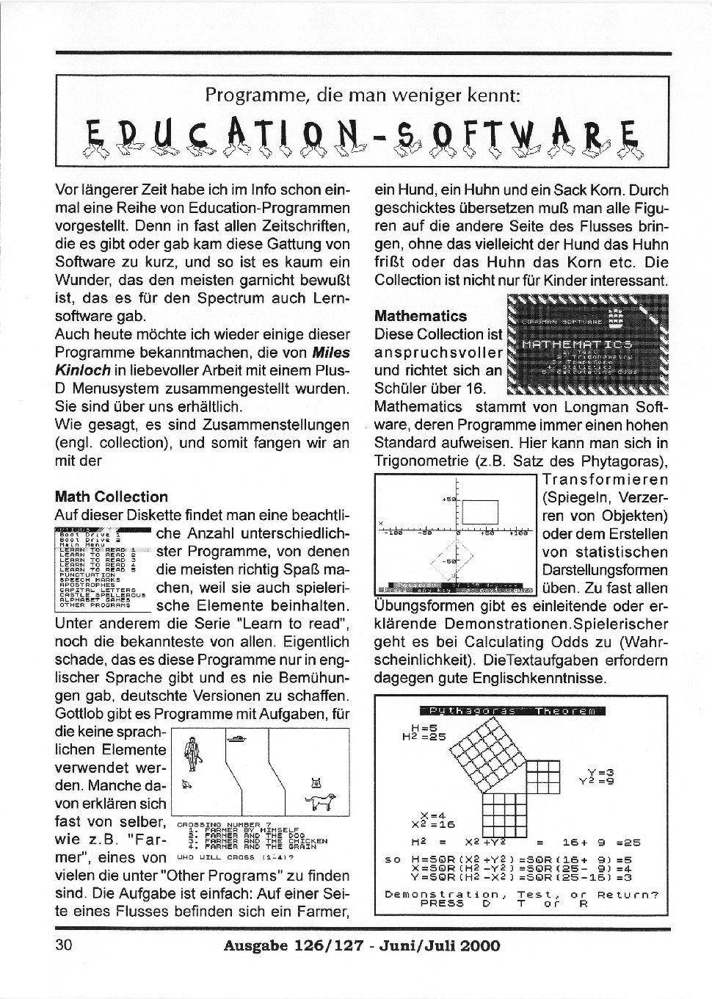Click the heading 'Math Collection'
tap(111, 497)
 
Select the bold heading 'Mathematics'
tap(420, 316)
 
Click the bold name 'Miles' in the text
tap(330, 353)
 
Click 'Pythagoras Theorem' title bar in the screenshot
tap(512, 710)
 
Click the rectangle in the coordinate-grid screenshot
tap(480, 511)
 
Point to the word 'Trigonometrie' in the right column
tap(421, 461)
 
